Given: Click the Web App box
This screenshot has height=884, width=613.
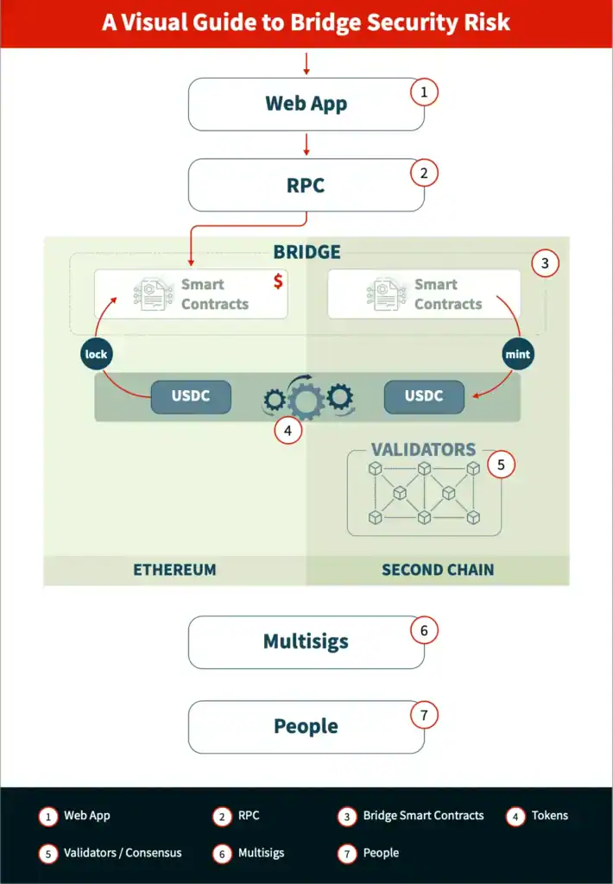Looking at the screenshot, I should (x=306, y=104).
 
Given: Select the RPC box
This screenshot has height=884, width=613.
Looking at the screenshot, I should (x=306, y=185).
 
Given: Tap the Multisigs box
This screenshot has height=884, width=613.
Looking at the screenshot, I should (x=306, y=642).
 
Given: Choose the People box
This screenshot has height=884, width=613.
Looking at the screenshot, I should (x=306, y=727).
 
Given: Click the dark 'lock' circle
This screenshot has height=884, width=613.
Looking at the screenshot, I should (x=97, y=354).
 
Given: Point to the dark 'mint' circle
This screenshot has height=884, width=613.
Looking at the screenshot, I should (x=519, y=354).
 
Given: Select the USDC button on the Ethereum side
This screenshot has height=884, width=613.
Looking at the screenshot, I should (x=191, y=396).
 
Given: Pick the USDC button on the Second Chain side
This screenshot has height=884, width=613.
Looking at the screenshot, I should (x=424, y=396).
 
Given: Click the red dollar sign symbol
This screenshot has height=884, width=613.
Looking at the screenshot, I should (x=278, y=282).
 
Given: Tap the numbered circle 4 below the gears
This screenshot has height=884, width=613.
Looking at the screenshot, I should (x=288, y=430).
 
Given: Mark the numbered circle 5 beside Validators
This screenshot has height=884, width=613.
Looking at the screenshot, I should (x=501, y=464).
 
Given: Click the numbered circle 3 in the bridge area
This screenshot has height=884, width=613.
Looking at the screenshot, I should (x=545, y=263).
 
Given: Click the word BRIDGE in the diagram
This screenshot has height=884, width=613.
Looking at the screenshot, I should (x=306, y=252).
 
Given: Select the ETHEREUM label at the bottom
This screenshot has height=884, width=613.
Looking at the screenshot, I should (x=174, y=570).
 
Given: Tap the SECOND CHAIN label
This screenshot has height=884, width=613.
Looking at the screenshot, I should (x=438, y=570).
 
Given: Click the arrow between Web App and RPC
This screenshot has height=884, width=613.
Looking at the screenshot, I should (x=306, y=144).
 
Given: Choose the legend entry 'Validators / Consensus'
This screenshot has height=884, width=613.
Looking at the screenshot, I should (x=123, y=853).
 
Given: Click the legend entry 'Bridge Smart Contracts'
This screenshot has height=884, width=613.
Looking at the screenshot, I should (x=423, y=816).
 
